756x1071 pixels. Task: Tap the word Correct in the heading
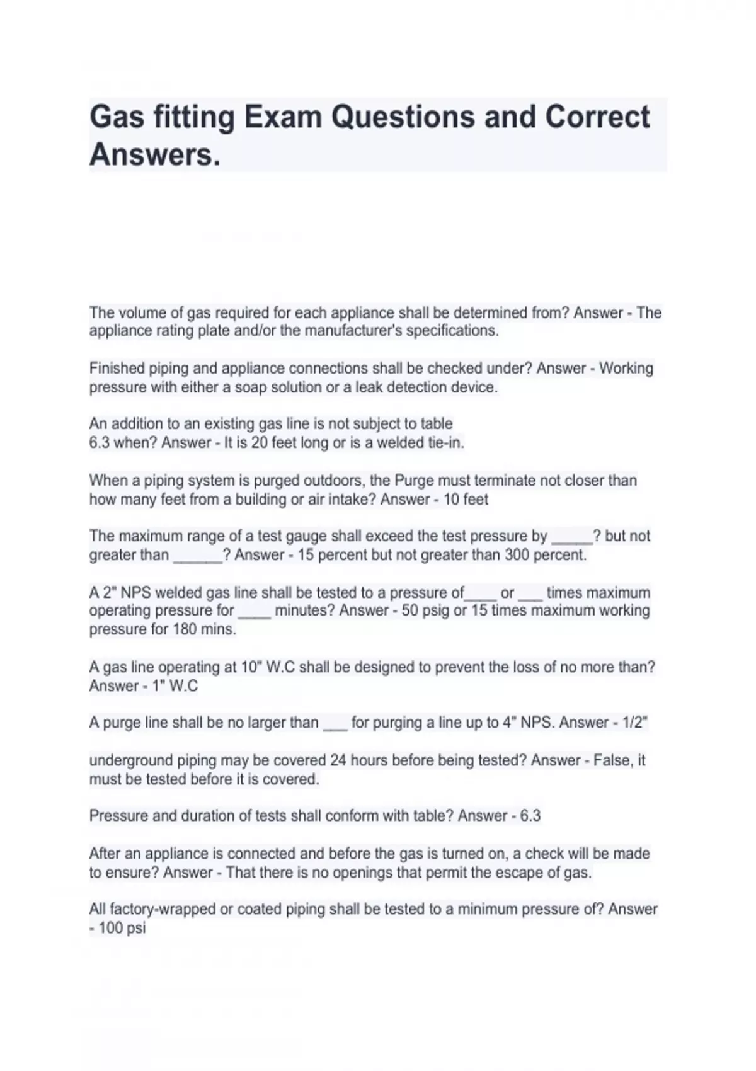click(x=597, y=117)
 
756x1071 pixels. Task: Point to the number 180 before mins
click(x=185, y=629)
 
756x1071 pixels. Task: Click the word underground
click(x=130, y=760)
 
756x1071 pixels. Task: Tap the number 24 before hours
click(x=338, y=760)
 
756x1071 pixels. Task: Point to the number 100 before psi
click(x=111, y=928)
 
